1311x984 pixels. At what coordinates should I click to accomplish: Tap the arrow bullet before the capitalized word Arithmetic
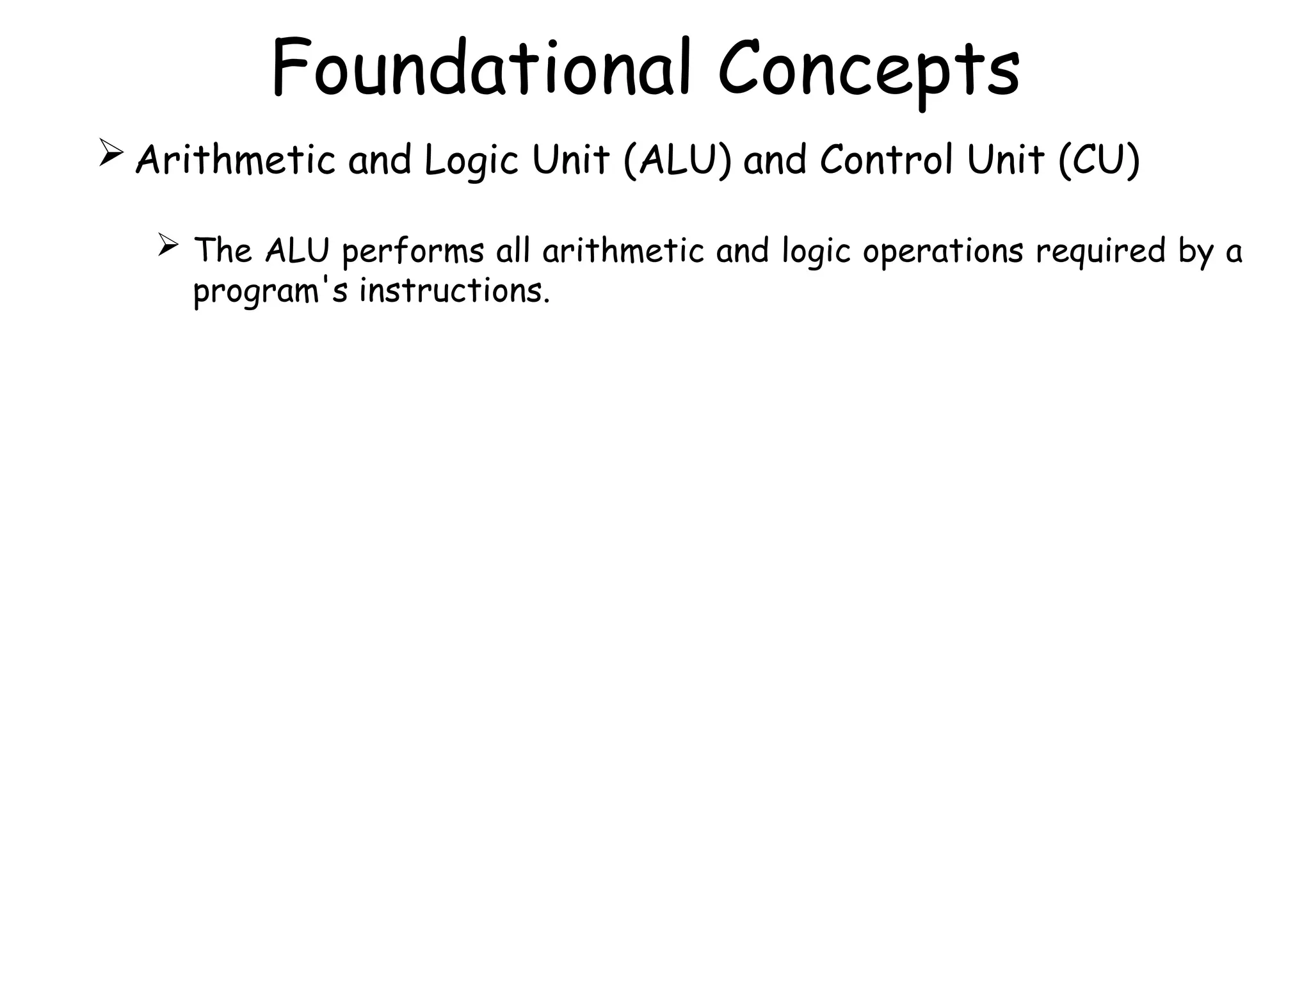(111, 154)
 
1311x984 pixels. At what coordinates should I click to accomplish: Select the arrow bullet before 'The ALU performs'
(167, 245)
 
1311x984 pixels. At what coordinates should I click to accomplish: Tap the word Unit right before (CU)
(1006, 160)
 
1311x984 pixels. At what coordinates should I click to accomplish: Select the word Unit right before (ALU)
(570, 160)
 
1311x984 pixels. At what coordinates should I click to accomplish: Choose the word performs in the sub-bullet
(413, 252)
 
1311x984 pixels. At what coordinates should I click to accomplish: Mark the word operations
(943, 252)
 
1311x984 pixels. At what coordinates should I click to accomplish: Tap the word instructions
(454, 291)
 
